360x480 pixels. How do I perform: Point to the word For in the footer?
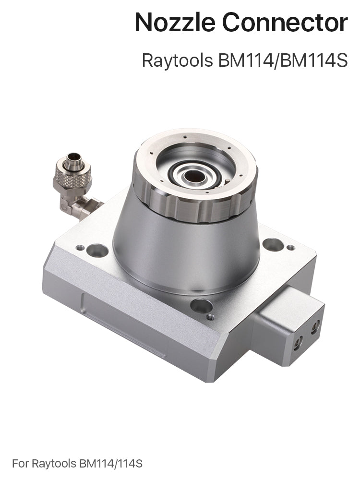coord(20,464)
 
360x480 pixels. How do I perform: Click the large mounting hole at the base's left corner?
coord(97,250)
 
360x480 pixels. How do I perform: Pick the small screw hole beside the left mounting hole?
coord(80,248)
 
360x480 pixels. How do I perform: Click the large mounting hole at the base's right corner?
coord(273,244)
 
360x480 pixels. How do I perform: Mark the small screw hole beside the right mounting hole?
coord(291,248)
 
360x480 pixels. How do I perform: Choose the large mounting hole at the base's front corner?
coord(201,305)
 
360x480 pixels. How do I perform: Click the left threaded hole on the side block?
coord(299,341)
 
